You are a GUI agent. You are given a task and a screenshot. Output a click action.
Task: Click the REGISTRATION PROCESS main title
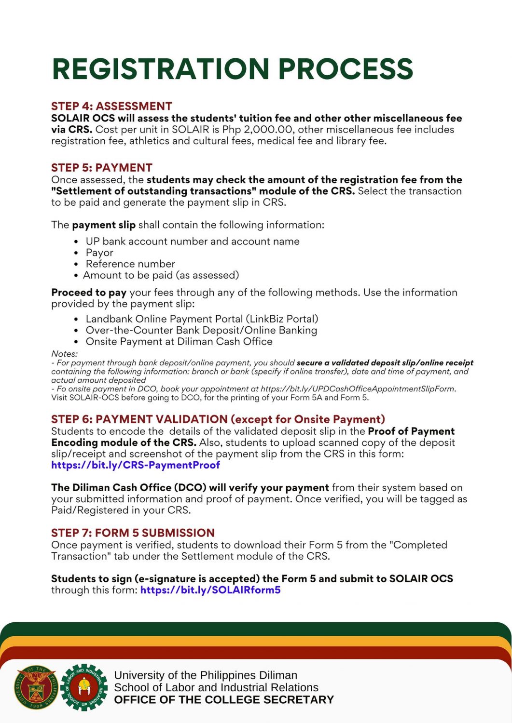click(x=232, y=69)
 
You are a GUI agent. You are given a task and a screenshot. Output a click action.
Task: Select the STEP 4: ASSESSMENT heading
click(x=111, y=106)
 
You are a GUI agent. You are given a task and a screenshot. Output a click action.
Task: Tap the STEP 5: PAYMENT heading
click(x=102, y=168)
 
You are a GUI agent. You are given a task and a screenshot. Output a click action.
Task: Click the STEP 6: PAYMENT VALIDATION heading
click(x=218, y=419)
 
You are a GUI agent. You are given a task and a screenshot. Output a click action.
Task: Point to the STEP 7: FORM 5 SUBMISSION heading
click(x=133, y=533)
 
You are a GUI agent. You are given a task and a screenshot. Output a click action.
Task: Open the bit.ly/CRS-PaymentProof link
click(x=136, y=465)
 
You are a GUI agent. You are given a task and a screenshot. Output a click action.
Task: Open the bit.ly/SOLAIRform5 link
click(x=210, y=590)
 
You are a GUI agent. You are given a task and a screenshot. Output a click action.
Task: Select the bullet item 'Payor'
click(x=99, y=253)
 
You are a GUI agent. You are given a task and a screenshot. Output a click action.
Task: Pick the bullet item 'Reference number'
click(x=130, y=264)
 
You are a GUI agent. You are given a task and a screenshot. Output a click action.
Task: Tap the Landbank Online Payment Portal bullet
click(x=202, y=319)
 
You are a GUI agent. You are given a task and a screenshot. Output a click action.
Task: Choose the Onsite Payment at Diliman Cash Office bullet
click(x=179, y=342)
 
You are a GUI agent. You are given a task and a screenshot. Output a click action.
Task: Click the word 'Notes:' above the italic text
click(x=64, y=354)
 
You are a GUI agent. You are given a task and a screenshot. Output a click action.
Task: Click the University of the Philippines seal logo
click(x=37, y=687)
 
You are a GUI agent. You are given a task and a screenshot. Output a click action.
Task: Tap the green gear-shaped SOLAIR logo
click(x=84, y=687)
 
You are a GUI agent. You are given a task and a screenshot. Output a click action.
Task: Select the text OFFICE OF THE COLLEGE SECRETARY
click(x=224, y=700)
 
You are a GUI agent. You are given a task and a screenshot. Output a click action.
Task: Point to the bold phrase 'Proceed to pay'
click(x=89, y=293)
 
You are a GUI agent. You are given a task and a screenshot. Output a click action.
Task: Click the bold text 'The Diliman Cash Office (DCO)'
click(x=129, y=488)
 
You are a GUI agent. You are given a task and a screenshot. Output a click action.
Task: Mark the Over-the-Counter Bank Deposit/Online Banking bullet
click(x=201, y=331)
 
